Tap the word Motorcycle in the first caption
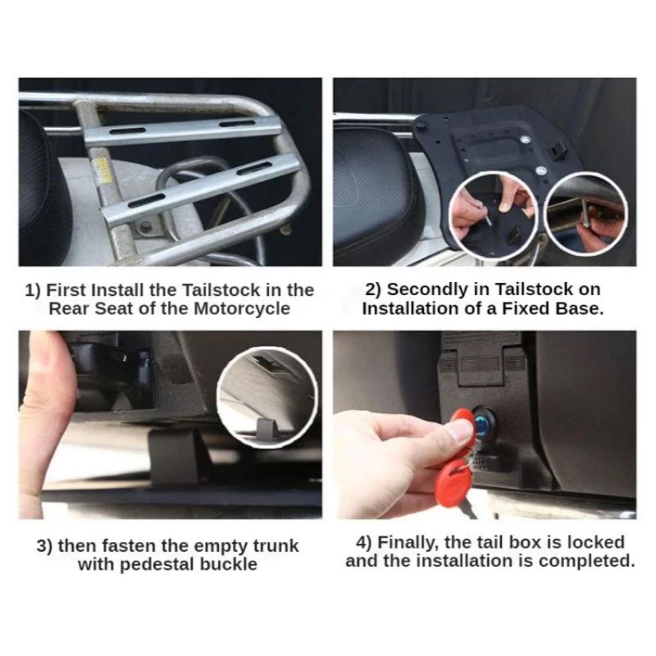tap(242, 309)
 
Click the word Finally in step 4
tap(409, 543)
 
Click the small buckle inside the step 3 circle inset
tap(265, 430)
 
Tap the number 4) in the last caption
tap(363, 543)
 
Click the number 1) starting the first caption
tap(33, 291)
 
